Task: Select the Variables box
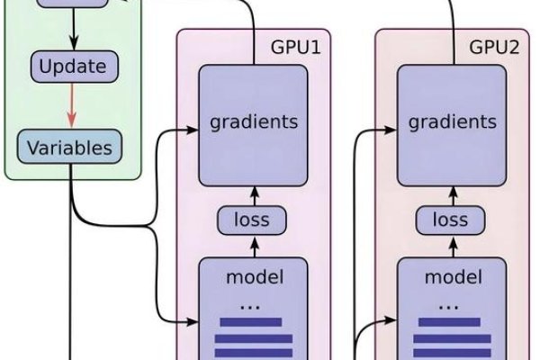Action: (69, 148)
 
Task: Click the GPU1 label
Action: (295, 46)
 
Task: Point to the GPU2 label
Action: (495, 46)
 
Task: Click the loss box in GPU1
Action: (253, 220)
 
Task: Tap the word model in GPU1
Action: (253, 276)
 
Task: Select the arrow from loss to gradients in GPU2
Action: (452, 192)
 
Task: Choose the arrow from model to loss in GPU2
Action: (452, 246)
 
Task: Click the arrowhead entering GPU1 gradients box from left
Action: (192, 130)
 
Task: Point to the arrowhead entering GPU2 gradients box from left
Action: (391, 130)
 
